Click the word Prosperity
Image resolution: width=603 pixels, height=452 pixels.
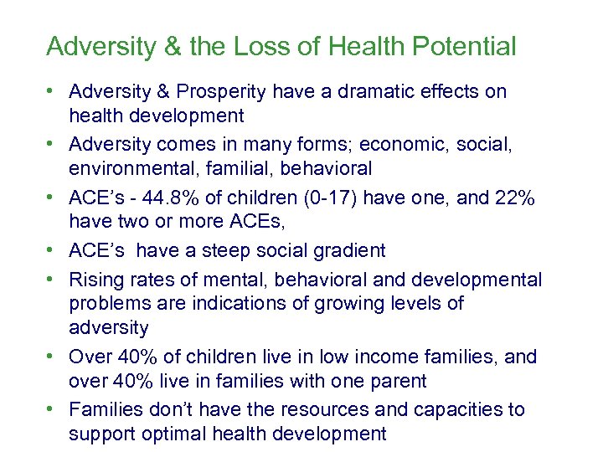221,91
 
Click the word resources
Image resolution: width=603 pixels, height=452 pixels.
301,409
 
